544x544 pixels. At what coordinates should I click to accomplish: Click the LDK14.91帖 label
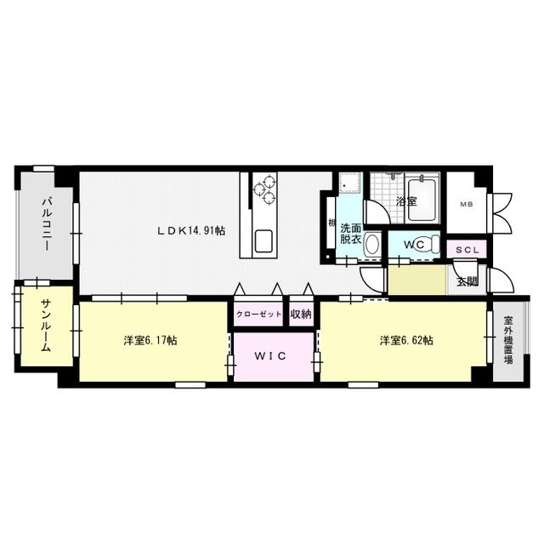191,230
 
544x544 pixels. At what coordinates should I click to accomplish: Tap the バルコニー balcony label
47,224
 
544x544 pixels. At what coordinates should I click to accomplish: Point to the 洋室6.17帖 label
150,340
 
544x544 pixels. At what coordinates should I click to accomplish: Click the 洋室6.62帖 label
406,340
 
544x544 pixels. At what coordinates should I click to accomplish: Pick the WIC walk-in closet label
270,356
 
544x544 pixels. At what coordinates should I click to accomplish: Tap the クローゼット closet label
258,314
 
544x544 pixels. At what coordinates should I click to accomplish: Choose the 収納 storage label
301,314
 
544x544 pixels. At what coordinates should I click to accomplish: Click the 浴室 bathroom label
406,201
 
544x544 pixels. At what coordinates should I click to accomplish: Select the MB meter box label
467,204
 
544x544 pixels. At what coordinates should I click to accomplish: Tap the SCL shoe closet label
467,249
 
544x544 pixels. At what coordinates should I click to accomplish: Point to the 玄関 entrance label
467,281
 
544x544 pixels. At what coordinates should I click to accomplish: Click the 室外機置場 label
508,340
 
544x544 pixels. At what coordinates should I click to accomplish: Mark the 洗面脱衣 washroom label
350,234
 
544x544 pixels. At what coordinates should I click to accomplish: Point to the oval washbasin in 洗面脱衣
372,245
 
